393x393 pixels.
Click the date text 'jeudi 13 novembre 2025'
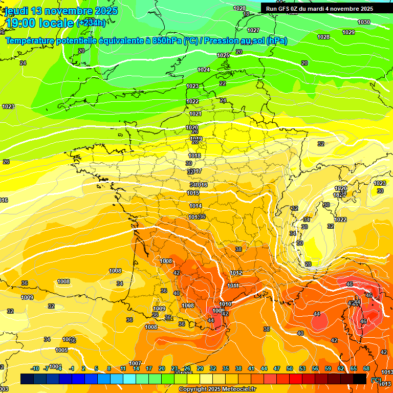click(x=61, y=11)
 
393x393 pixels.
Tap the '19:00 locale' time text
click(x=39, y=23)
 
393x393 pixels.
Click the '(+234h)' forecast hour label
click(x=91, y=23)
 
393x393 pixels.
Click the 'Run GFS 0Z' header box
click(x=319, y=9)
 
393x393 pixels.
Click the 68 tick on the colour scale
click(x=366, y=368)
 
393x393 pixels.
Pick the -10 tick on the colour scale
click(x=35, y=368)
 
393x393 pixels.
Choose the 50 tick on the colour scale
click(x=290, y=368)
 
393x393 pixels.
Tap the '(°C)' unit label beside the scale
click(x=376, y=380)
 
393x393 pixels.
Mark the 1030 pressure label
click(x=364, y=22)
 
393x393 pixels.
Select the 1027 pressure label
click(x=253, y=30)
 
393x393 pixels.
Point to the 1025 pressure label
click(x=223, y=55)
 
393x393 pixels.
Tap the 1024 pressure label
click(x=204, y=70)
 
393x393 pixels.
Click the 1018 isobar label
click(x=194, y=156)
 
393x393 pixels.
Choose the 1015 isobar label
click(x=193, y=193)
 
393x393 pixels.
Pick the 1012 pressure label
click(x=236, y=273)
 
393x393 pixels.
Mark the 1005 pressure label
click(x=61, y=350)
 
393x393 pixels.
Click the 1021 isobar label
click(x=195, y=114)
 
